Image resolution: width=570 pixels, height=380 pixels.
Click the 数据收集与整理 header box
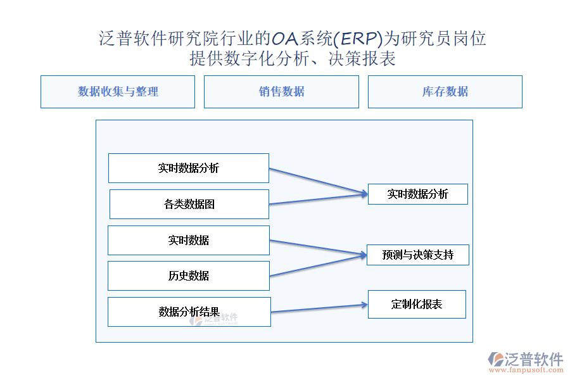118,92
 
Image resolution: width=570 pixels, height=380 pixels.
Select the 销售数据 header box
281,92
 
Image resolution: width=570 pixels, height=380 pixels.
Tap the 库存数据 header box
445,92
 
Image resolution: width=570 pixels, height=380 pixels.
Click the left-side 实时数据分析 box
189,168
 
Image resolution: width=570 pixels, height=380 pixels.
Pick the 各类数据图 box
189,205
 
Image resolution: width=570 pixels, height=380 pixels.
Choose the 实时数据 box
189,241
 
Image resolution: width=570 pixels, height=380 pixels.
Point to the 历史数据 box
189,276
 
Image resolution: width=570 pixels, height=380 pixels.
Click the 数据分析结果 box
189,312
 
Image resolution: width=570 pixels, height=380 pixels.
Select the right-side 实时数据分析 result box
418,194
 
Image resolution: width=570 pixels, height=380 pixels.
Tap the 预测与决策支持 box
418,255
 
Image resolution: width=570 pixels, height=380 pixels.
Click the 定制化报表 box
417,305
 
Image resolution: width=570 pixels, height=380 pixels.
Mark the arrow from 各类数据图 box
317,199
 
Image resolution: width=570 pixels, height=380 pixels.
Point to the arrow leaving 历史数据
317,265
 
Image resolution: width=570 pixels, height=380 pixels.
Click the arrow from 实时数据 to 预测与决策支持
317,248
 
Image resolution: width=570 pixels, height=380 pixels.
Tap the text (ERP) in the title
358,39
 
